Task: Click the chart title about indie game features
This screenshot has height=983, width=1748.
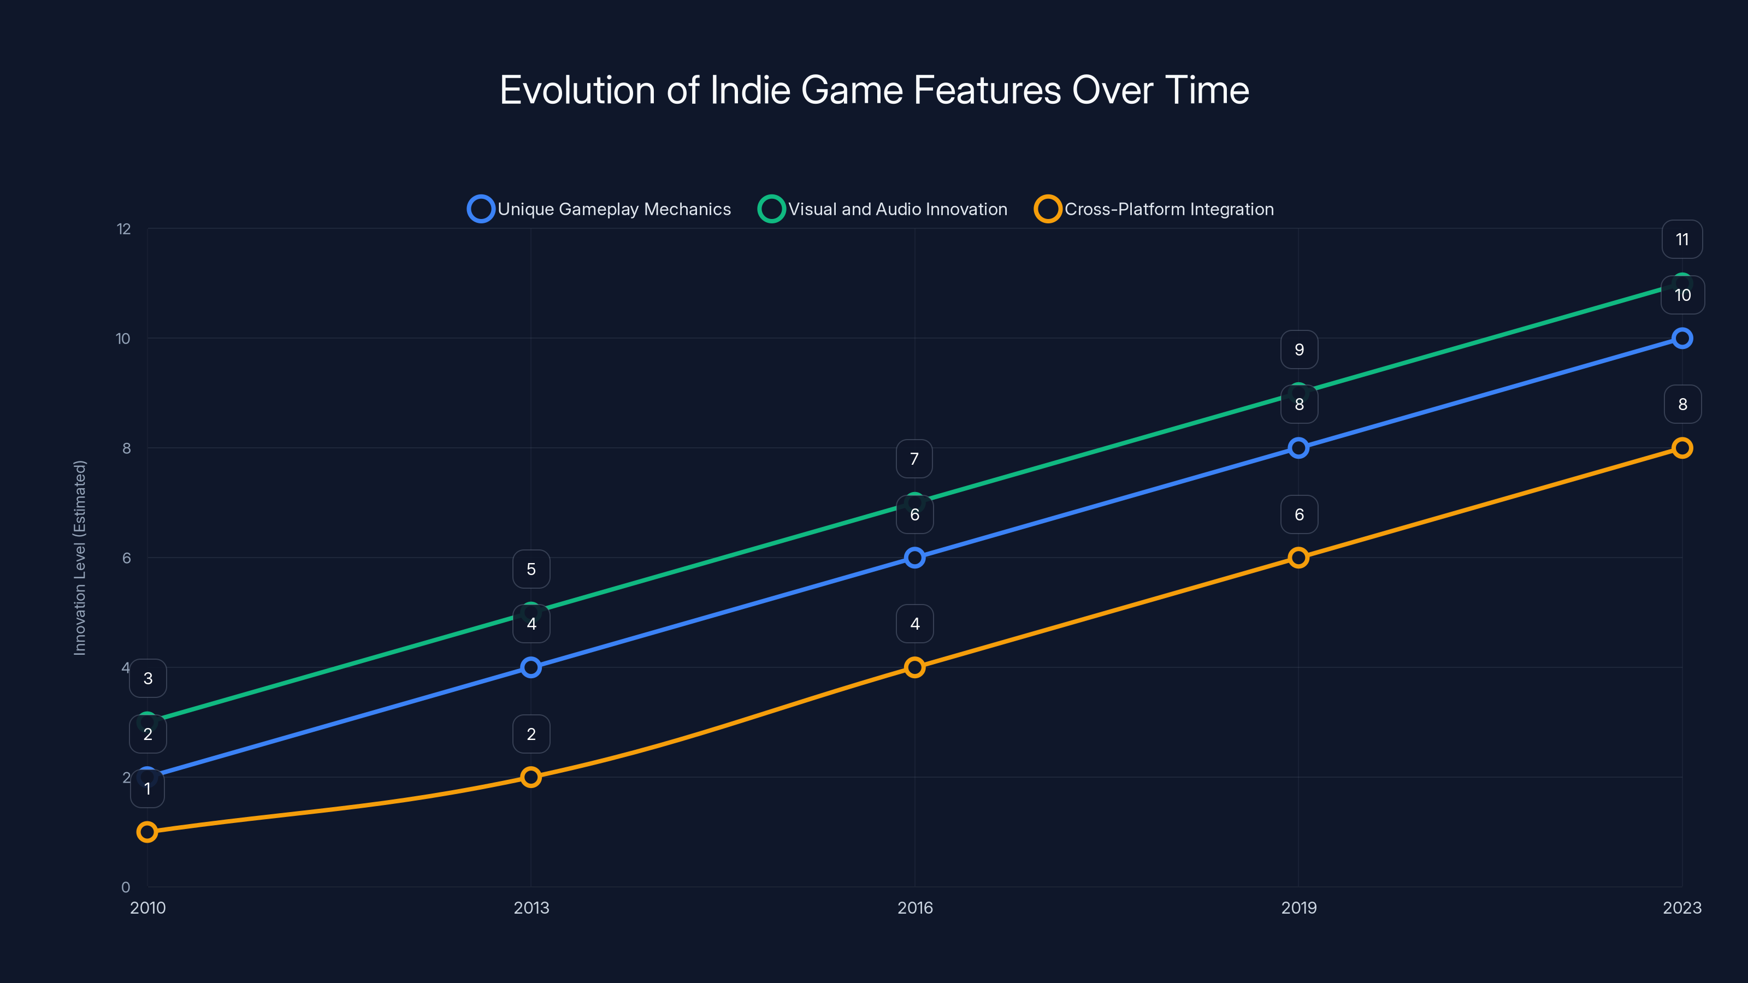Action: [x=874, y=90]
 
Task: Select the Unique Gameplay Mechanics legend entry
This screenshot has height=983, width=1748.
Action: [x=600, y=209]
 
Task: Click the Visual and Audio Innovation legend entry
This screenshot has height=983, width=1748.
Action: [x=883, y=209]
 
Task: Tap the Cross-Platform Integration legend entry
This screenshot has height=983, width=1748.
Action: [x=1154, y=209]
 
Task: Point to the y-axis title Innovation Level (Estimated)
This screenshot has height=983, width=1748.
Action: [x=80, y=558]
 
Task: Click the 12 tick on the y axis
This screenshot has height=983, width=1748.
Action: [x=123, y=229]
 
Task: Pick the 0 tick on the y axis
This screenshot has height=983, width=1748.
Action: [x=126, y=887]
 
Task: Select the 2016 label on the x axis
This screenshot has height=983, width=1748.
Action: [x=915, y=908]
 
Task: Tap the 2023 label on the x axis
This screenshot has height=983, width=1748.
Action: [x=1681, y=908]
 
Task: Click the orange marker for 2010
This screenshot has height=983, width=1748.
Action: [x=147, y=832]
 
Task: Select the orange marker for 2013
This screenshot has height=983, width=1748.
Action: [x=532, y=777]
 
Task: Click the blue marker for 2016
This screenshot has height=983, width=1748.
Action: [x=915, y=558]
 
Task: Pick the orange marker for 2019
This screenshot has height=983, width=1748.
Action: [x=1298, y=558]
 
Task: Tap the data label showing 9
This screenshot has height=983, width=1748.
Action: [x=1299, y=350]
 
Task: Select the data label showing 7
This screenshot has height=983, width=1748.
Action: [x=914, y=459]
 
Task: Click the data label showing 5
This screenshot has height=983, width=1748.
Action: [x=532, y=569]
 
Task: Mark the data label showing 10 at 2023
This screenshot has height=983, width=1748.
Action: [x=1682, y=295]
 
